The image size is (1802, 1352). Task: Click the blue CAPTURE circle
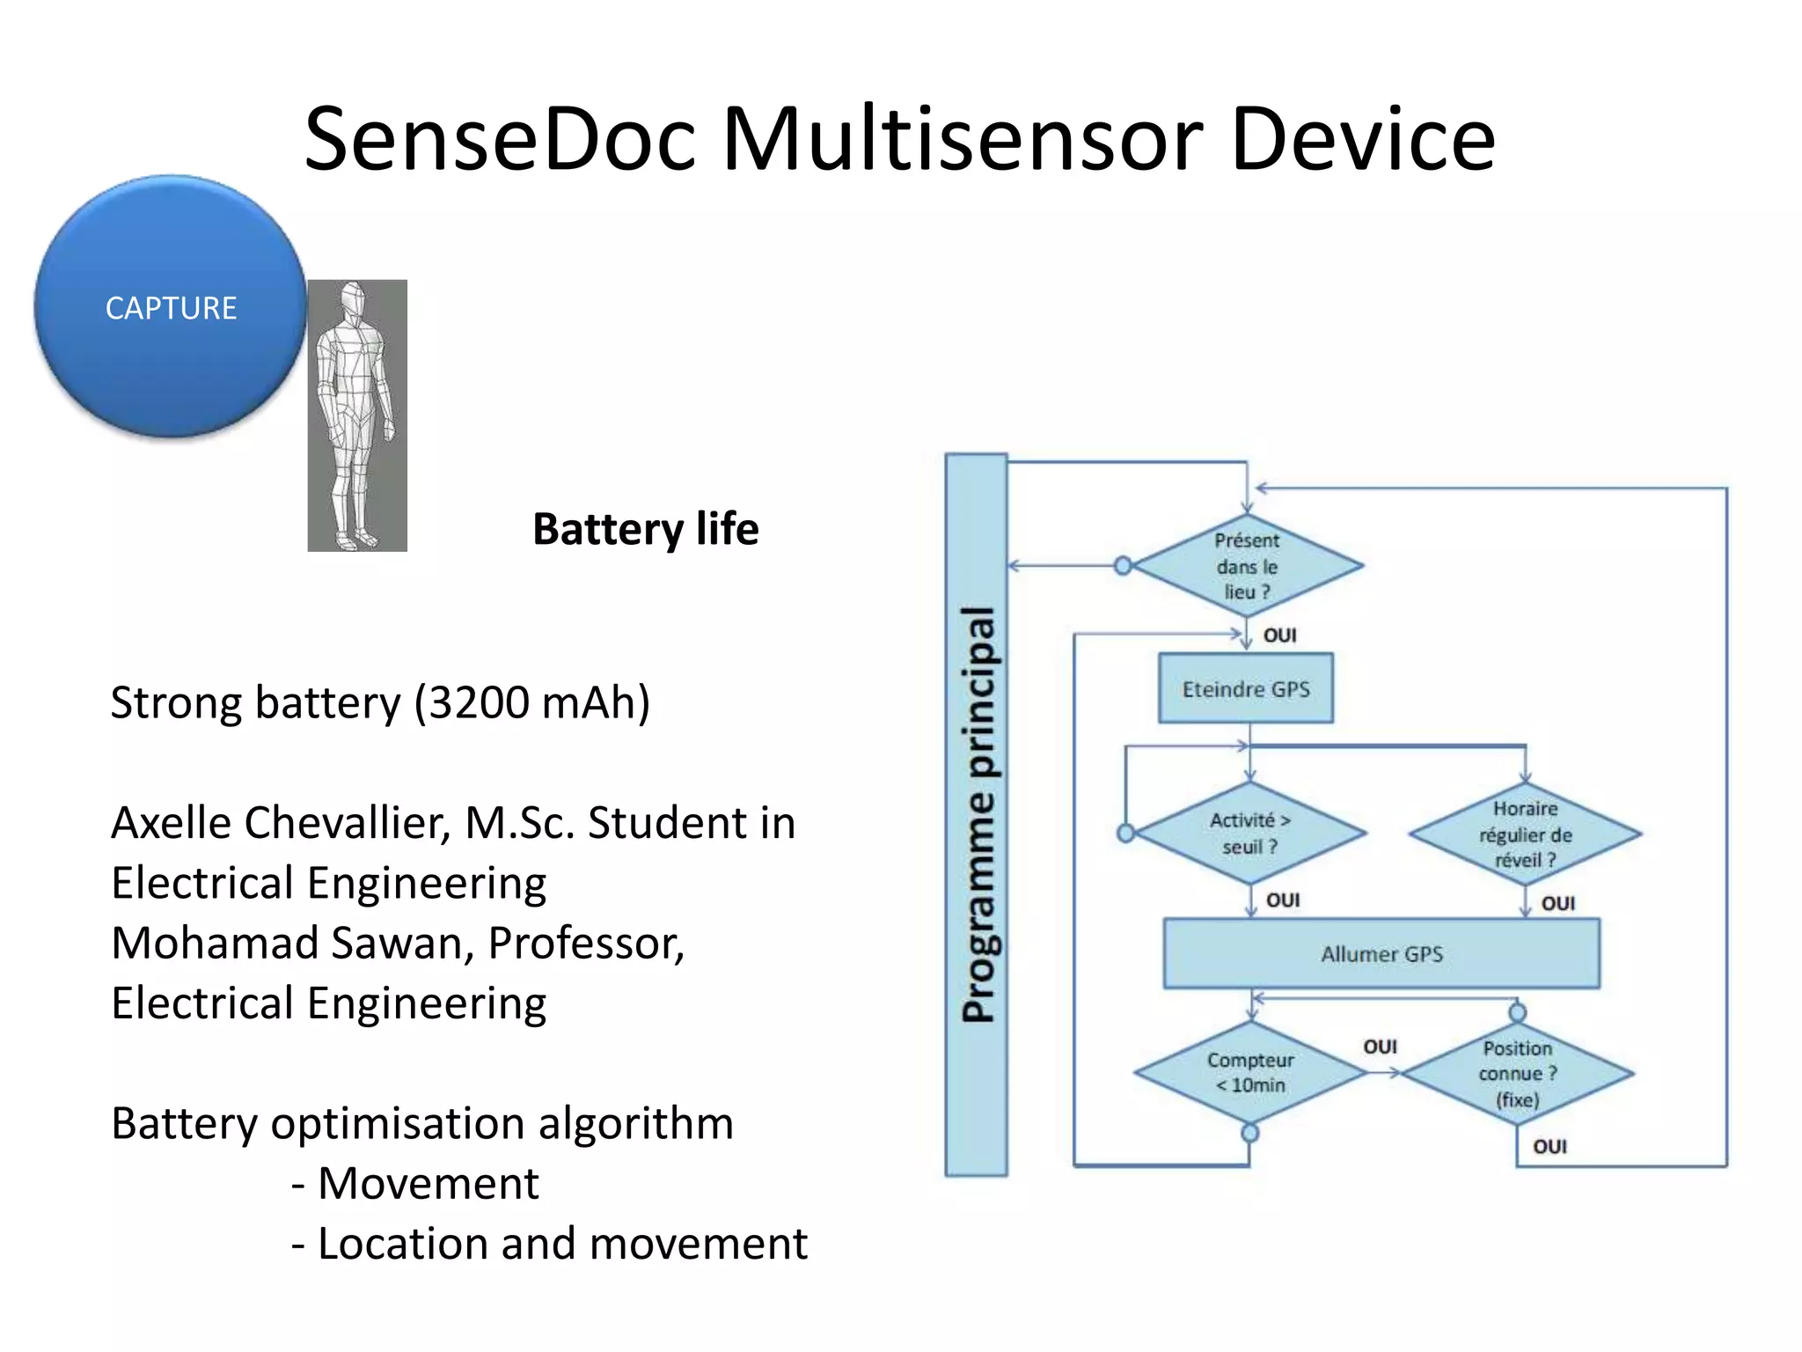click(x=171, y=306)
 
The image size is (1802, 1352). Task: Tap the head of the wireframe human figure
click(x=353, y=300)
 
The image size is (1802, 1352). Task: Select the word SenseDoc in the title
click(x=500, y=139)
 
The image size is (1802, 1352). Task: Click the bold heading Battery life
click(x=645, y=529)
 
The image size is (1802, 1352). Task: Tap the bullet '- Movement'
click(x=414, y=1183)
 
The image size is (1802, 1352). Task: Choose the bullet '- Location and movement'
click(x=549, y=1244)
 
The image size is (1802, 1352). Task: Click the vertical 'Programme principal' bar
click(x=976, y=814)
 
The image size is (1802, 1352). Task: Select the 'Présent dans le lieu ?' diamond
click(x=1247, y=566)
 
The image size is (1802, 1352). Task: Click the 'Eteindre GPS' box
click(x=1245, y=688)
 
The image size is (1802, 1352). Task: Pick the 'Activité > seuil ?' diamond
click(x=1249, y=833)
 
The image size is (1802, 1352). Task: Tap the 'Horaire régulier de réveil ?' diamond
click(x=1525, y=834)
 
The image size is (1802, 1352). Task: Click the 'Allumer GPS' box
click(x=1381, y=954)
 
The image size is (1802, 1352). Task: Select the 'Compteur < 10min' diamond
click(x=1249, y=1072)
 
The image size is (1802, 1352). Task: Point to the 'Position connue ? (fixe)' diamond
click(x=1517, y=1073)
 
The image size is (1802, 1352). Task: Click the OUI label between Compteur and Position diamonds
click(x=1380, y=1047)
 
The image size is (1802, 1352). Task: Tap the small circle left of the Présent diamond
click(x=1123, y=566)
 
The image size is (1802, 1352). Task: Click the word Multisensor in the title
click(x=963, y=139)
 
